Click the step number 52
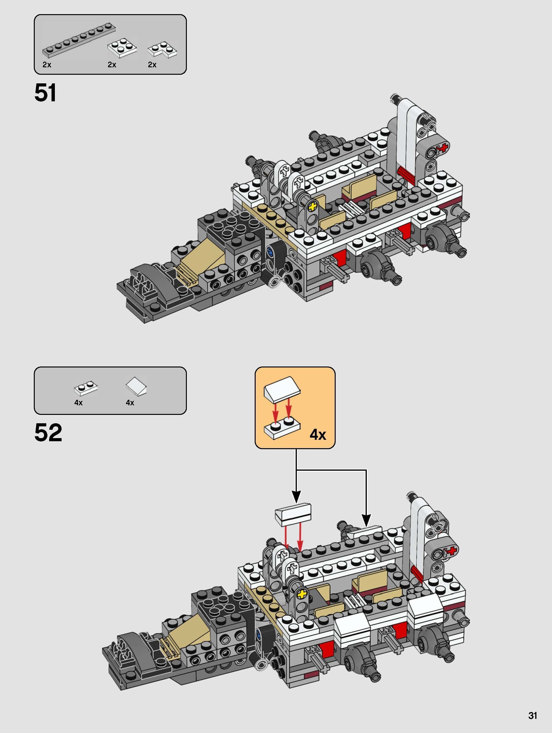click(x=48, y=433)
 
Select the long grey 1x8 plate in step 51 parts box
click(x=79, y=39)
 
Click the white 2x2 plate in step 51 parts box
click(x=122, y=48)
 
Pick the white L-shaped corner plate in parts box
click(x=162, y=50)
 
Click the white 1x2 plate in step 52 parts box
click(x=86, y=388)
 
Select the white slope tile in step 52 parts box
click(x=136, y=386)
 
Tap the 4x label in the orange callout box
click(x=317, y=435)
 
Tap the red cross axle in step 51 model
click(x=444, y=148)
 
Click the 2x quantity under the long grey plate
click(x=47, y=65)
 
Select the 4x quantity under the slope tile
click(x=130, y=403)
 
